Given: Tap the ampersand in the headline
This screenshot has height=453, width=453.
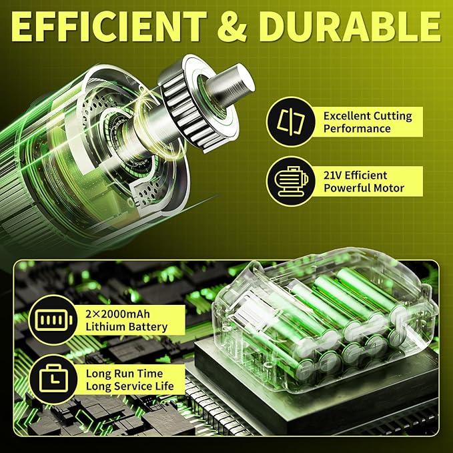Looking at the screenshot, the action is pos(232,27).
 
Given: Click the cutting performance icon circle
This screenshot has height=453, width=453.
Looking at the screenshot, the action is pos(291,121).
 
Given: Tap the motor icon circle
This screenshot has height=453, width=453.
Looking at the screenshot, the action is pos(291,181).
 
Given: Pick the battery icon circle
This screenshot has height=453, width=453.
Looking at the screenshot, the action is pos(53,320).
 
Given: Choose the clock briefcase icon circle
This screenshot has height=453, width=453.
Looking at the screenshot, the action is pos(53,380).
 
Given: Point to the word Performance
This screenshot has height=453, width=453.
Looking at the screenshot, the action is pos(357,129).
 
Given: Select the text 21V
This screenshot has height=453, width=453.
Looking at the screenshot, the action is pos(333,175).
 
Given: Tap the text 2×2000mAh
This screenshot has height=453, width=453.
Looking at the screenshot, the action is pos(117,314).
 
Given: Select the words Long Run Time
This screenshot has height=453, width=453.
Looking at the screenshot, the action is pos(124,374).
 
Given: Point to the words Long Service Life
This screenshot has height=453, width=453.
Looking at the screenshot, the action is pos(129,386).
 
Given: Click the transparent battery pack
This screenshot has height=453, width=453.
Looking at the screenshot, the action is pos(324,318).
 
